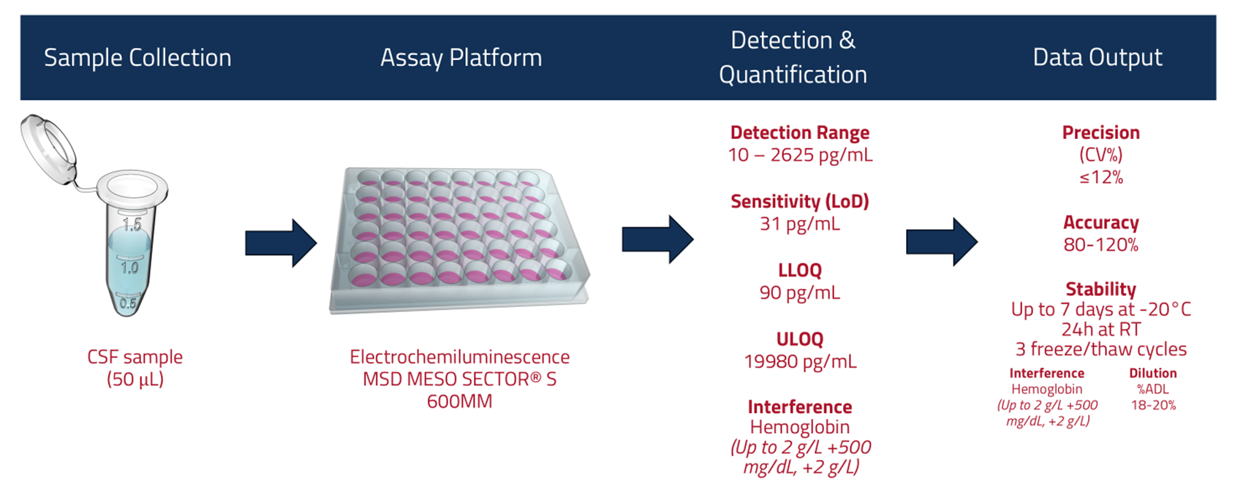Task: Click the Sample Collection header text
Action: pos(137,58)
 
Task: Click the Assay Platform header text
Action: pos(461,58)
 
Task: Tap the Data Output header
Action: pos(1097,57)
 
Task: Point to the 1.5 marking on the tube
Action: pos(132,224)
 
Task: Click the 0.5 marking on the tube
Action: pos(127,303)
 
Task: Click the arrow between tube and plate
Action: pos(281,243)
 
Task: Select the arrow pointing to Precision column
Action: pos(941,241)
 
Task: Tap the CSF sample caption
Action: pos(135,357)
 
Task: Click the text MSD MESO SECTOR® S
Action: pos(459,379)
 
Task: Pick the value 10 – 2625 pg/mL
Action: pos(800,155)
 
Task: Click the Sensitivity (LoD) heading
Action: pos(800,201)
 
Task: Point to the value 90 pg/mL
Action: pos(800,292)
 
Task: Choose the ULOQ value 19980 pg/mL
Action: pos(800,361)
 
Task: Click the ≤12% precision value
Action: pos(1101,177)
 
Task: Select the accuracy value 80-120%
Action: pos(1101,245)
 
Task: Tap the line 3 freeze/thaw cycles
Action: pos(1101,349)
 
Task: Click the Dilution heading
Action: pos(1153,373)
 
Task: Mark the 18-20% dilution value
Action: pos(1153,405)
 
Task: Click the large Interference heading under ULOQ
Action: pos(800,407)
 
